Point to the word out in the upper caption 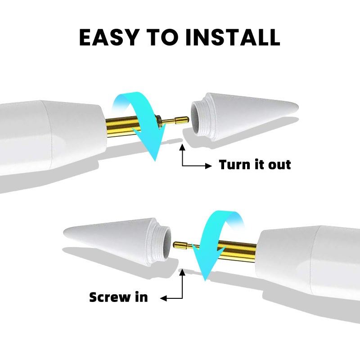280,165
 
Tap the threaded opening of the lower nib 165,242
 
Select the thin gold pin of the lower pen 184,245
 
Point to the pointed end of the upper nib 295,108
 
